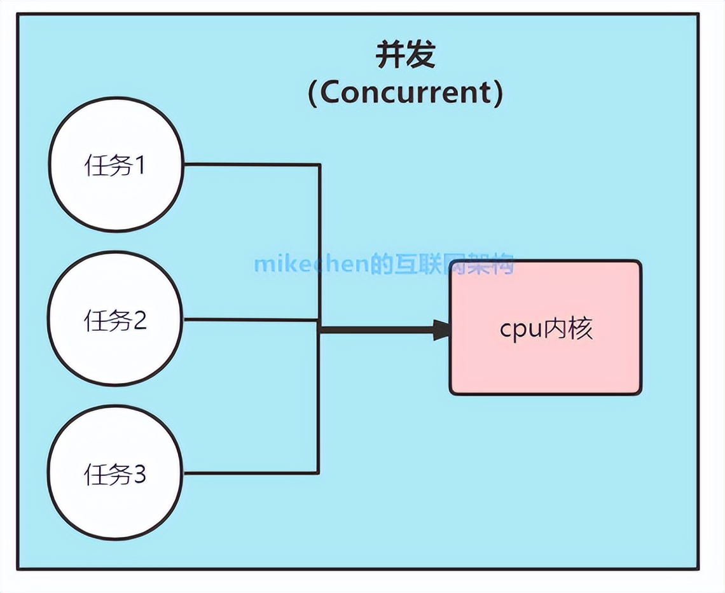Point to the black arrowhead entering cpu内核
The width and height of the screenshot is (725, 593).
point(441,330)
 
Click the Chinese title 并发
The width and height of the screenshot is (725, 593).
point(405,55)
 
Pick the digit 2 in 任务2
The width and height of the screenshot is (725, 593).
point(139,320)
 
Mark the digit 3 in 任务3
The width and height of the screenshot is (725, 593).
point(139,475)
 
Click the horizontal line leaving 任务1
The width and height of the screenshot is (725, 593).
point(251,164)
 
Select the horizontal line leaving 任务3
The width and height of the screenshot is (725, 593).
point(251,473)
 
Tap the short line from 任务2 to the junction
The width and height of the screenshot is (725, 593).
point(251,319)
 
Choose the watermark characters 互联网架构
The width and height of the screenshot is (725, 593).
point(449,264)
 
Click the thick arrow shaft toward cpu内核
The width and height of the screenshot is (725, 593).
point(375,330)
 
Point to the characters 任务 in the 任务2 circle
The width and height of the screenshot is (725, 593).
point(107,320)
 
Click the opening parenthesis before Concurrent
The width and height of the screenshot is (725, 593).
point(313,94)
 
